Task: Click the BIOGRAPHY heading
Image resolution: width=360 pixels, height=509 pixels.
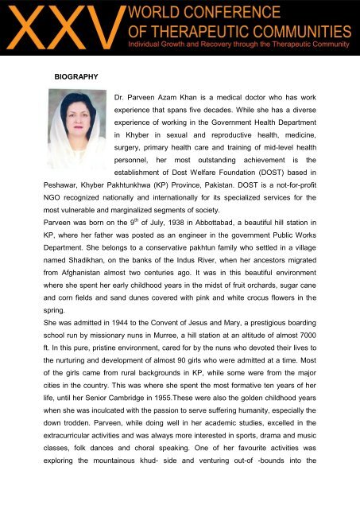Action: [75, 76]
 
